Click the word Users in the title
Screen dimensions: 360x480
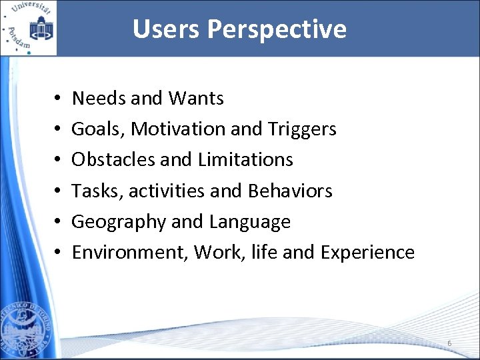click(167, 29)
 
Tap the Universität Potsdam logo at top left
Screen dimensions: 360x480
click(29, 28)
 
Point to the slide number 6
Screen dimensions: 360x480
click(449, 343)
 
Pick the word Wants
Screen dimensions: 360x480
click(196, 99)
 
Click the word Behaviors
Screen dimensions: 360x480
click(290, 191)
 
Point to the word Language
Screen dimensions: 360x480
click(250, 222)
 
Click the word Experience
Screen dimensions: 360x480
click(367, 253)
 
